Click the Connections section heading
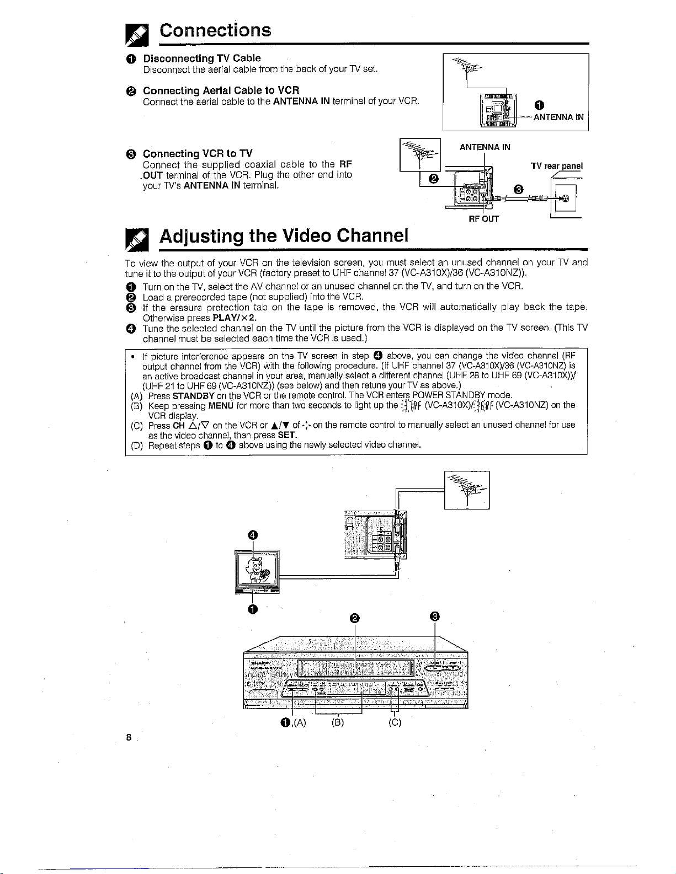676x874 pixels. tap(215, 30)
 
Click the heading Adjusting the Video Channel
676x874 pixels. tap(284, 236)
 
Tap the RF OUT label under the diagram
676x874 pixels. tap(483, 219)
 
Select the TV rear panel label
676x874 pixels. tap(557, 165)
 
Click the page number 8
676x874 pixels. tap(128, 738)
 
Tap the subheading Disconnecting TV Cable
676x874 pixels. tap(202, 58)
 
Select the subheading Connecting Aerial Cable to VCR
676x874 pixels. tap(221, 90)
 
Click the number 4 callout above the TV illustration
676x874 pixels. tap(252, 535)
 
